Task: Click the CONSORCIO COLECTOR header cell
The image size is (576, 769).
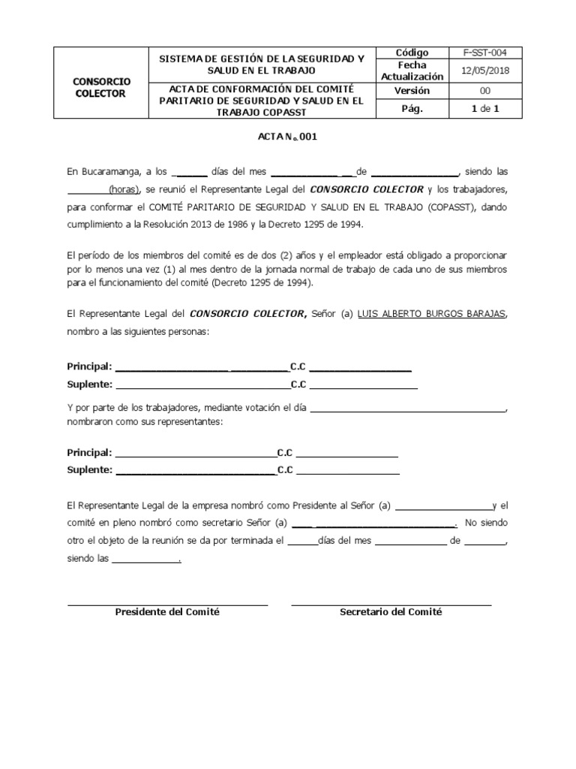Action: tap(100, 86)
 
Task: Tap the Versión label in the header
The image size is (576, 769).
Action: tap(412, 90)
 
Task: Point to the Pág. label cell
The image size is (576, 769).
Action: tap(412, 109)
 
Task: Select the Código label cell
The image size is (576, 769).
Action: tap(412, 53)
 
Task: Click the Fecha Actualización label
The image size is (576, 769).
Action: tap(412, 71)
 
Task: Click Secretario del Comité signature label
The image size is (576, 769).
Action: tap(391, 612)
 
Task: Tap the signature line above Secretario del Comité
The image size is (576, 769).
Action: tap(391, 605)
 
